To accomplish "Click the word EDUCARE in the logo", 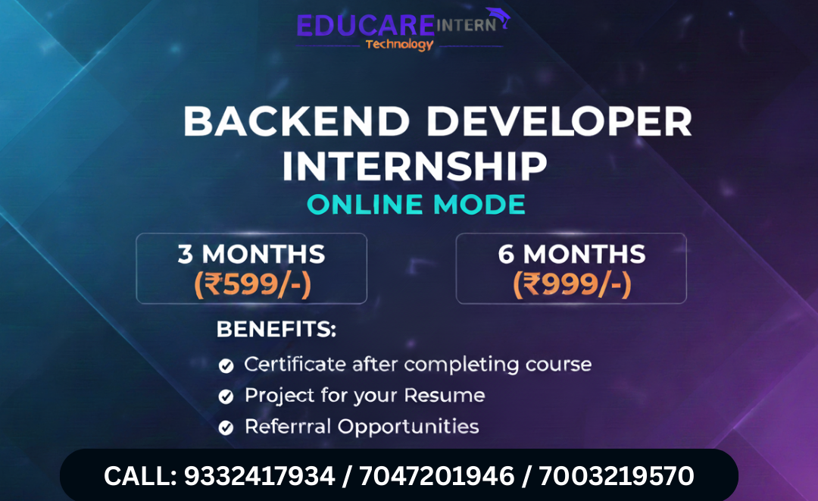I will [366, 25].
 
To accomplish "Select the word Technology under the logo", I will [399, 44].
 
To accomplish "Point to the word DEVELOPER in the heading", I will [564, 123].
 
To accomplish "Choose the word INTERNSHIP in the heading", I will [414, 166].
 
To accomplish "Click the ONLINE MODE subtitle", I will [416, 205].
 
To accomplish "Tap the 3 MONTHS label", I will [251, 254].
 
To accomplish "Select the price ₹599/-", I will [253, 284].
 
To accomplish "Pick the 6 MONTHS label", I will [572, 254].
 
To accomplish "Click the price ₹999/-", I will [572, 284].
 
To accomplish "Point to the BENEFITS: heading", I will [276, 330].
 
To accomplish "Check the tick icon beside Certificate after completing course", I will [226, 366].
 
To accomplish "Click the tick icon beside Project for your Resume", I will [226, 397].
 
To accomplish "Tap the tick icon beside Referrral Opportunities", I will [226, 428].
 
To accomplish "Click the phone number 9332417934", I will [260, 476].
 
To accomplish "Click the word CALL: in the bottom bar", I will [140, 476].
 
